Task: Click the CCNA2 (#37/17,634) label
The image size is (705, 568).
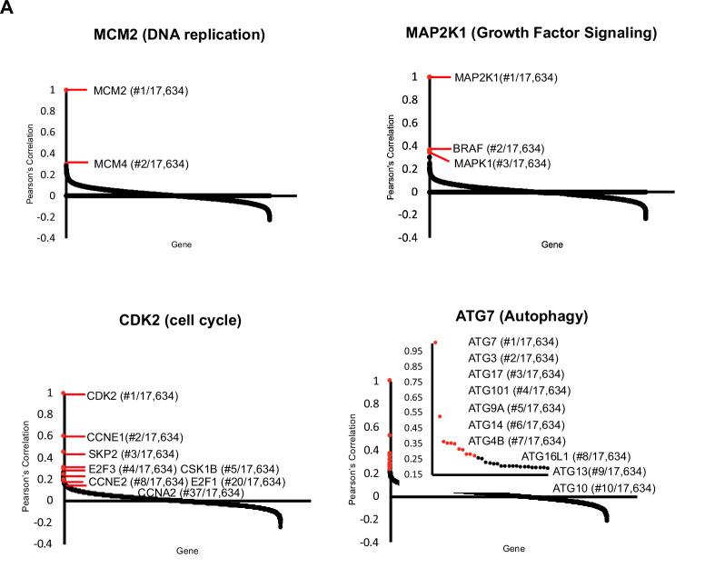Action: [190, 493]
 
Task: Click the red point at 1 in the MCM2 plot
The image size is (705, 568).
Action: [65, 90]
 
